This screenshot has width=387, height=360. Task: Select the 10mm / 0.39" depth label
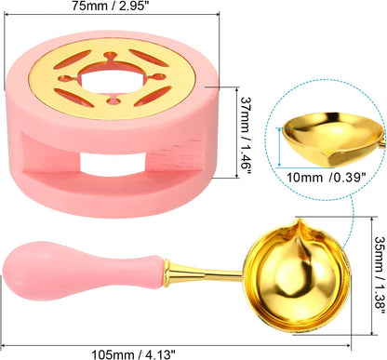[326, 178]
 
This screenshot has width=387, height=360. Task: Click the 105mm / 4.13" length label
[134, 354]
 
